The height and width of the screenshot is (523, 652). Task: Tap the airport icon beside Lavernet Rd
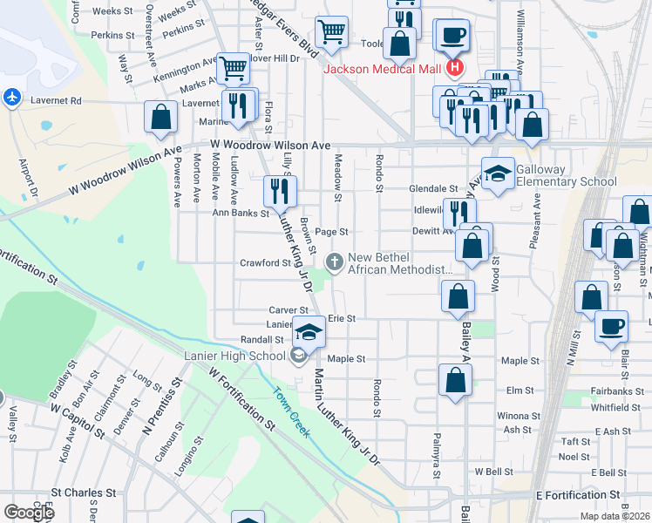coord(12,97)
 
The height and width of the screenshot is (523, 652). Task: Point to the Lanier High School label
coord(235,355)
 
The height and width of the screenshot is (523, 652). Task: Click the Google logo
coord(29,512)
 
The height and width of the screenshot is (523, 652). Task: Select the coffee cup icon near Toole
coord(452,36)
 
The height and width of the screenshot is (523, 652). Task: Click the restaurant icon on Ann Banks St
coord(280,191)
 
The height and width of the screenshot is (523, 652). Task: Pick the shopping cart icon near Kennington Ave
coord(233,67)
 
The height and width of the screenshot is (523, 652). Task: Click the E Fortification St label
coord(578,494)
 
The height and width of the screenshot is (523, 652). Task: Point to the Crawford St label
coord(265,262)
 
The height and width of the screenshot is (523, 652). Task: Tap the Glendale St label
coord(434,188)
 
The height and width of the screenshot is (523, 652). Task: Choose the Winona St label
coord(513,416)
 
